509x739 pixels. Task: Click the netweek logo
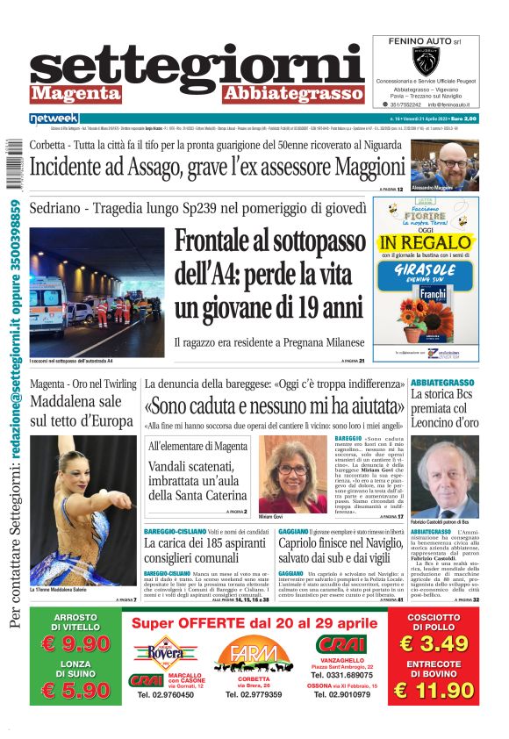point(54,118)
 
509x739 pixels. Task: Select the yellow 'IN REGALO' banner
point(426,242)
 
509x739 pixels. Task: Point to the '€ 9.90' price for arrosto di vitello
point(75,643)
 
